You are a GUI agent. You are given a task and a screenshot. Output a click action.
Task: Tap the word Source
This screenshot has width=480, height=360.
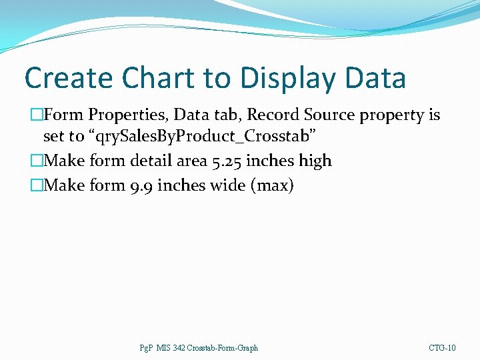[x=328, y=115]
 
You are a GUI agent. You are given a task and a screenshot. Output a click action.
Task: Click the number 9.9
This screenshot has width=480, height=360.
[x=136, y=185]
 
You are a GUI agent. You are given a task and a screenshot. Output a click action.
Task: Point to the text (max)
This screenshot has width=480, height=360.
[x=271, y=185]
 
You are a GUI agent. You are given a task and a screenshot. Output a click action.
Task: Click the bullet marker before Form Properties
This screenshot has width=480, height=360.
[x=36, y=115]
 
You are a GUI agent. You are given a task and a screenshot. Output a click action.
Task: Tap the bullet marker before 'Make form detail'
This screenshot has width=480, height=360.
[x=36, y=161]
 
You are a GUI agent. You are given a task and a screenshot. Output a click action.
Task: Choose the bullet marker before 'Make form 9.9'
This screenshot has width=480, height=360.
[x=36, y=185]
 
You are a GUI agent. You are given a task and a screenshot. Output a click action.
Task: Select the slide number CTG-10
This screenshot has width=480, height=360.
[x=442, y=348]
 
